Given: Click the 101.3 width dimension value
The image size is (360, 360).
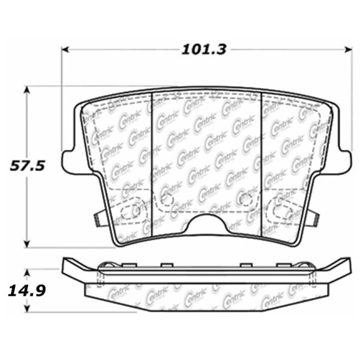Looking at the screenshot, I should click(x=204, y=50).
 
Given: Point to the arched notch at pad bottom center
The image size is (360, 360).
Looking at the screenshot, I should click(x=206, y=223).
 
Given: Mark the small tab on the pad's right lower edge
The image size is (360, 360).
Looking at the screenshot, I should click(x=313, y=217).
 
